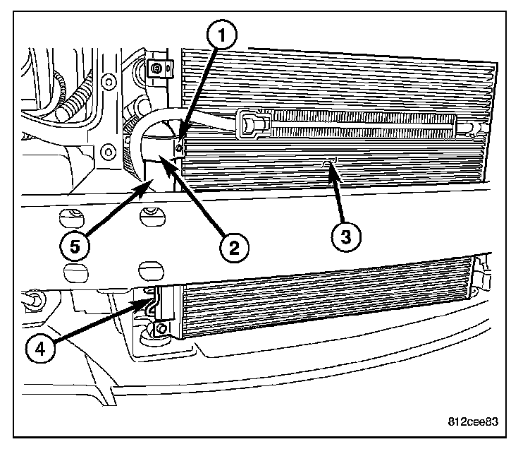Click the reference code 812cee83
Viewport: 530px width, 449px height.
point(473,423)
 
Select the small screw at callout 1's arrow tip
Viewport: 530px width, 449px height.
point(180,148)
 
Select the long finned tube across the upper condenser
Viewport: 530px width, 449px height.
point(359,126)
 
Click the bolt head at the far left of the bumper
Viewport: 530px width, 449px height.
point(32,304)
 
